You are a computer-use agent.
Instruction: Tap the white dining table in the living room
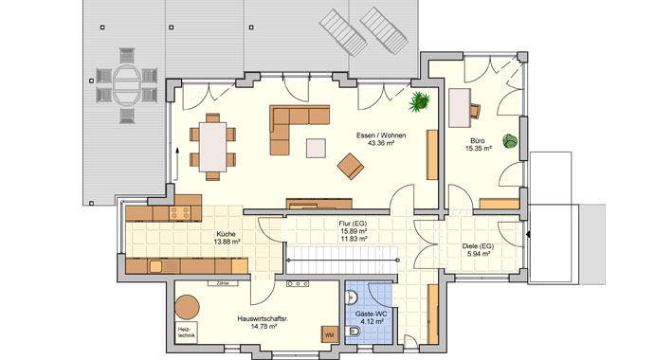coord(214,146)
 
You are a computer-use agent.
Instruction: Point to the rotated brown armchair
coord(351,167)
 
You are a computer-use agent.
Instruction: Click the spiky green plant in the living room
coord(420,99)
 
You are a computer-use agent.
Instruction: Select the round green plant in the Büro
coord(511,141)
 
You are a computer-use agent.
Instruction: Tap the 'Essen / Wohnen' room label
coord(381,136)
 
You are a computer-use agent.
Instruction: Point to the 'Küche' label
coord(226,234)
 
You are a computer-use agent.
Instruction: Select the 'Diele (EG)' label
coord(477,244)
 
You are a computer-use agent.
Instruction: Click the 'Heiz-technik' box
coord(187,333)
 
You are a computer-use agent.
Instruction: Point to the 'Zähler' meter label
coord(223,282)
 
